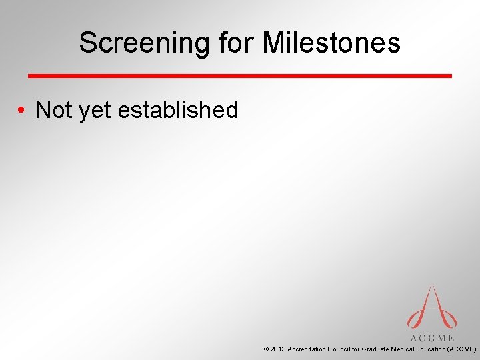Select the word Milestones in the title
point(331,43)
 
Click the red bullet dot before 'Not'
point(22,111)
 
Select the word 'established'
point(178,110)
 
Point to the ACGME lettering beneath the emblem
point(432,338)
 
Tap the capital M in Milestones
point(273,43)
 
